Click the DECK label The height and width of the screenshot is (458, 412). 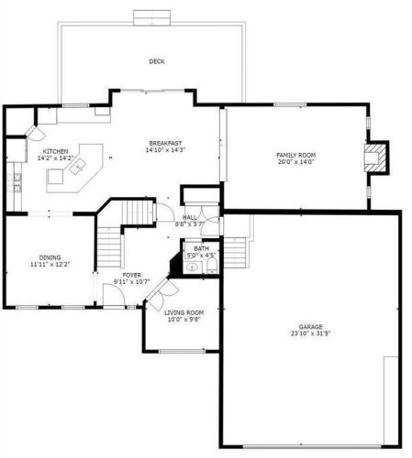click(x=157, y=61)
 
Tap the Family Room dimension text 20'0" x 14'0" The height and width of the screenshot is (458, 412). click(x=295, y=162)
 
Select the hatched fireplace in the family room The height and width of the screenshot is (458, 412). click(x=375, y=158)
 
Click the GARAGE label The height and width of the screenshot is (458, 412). click(x=310, y=327)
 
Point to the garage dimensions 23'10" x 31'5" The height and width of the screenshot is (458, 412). click(x=310, y=333)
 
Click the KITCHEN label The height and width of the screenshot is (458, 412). click(x=55, y=151)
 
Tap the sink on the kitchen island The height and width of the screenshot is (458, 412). click(x=78, y=167)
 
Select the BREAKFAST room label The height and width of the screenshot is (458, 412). click(x=165, y=143)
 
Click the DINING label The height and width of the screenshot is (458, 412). click(x=50, y=257)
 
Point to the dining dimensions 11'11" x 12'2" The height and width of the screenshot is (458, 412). click(x=50, y=265)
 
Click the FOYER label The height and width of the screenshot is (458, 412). click(x=132, y=275)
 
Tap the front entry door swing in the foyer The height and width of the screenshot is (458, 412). click(x=114, y=295)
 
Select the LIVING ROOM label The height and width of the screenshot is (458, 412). click(x=184, y=312)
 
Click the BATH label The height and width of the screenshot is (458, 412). click(x=202, y=248)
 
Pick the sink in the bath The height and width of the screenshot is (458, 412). click(x=193, y=267)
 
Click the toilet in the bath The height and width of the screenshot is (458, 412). click(x=212, y=266)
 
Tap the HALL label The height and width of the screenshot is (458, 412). click(x=190, y=217)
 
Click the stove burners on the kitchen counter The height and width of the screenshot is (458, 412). click(x=17, y=182)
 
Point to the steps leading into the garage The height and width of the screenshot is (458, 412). click(x=235, y=253)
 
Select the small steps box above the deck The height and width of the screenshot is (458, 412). click(x=151, y=17)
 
